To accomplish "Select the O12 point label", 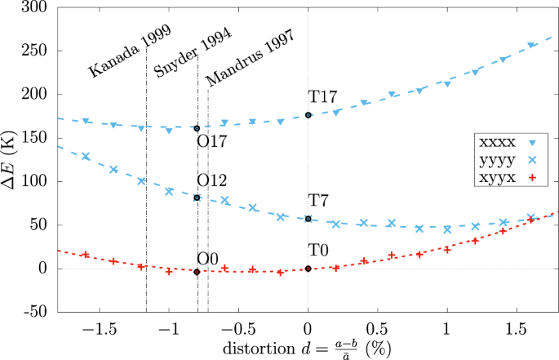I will pyautogui.click(x=212, y=180).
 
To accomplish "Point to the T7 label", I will pyautogui.click(x=319, y=201).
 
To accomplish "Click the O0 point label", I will pyautogui.click(x=208, y=258).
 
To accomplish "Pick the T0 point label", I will pyautogui.click(x=319, y=251).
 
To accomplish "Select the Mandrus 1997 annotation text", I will pyautogui.click(x=250, y=61).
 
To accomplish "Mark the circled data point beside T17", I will pyautogui.click(x=308, y=115).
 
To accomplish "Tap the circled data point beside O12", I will pyautogui.click(x=197, y=198).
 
